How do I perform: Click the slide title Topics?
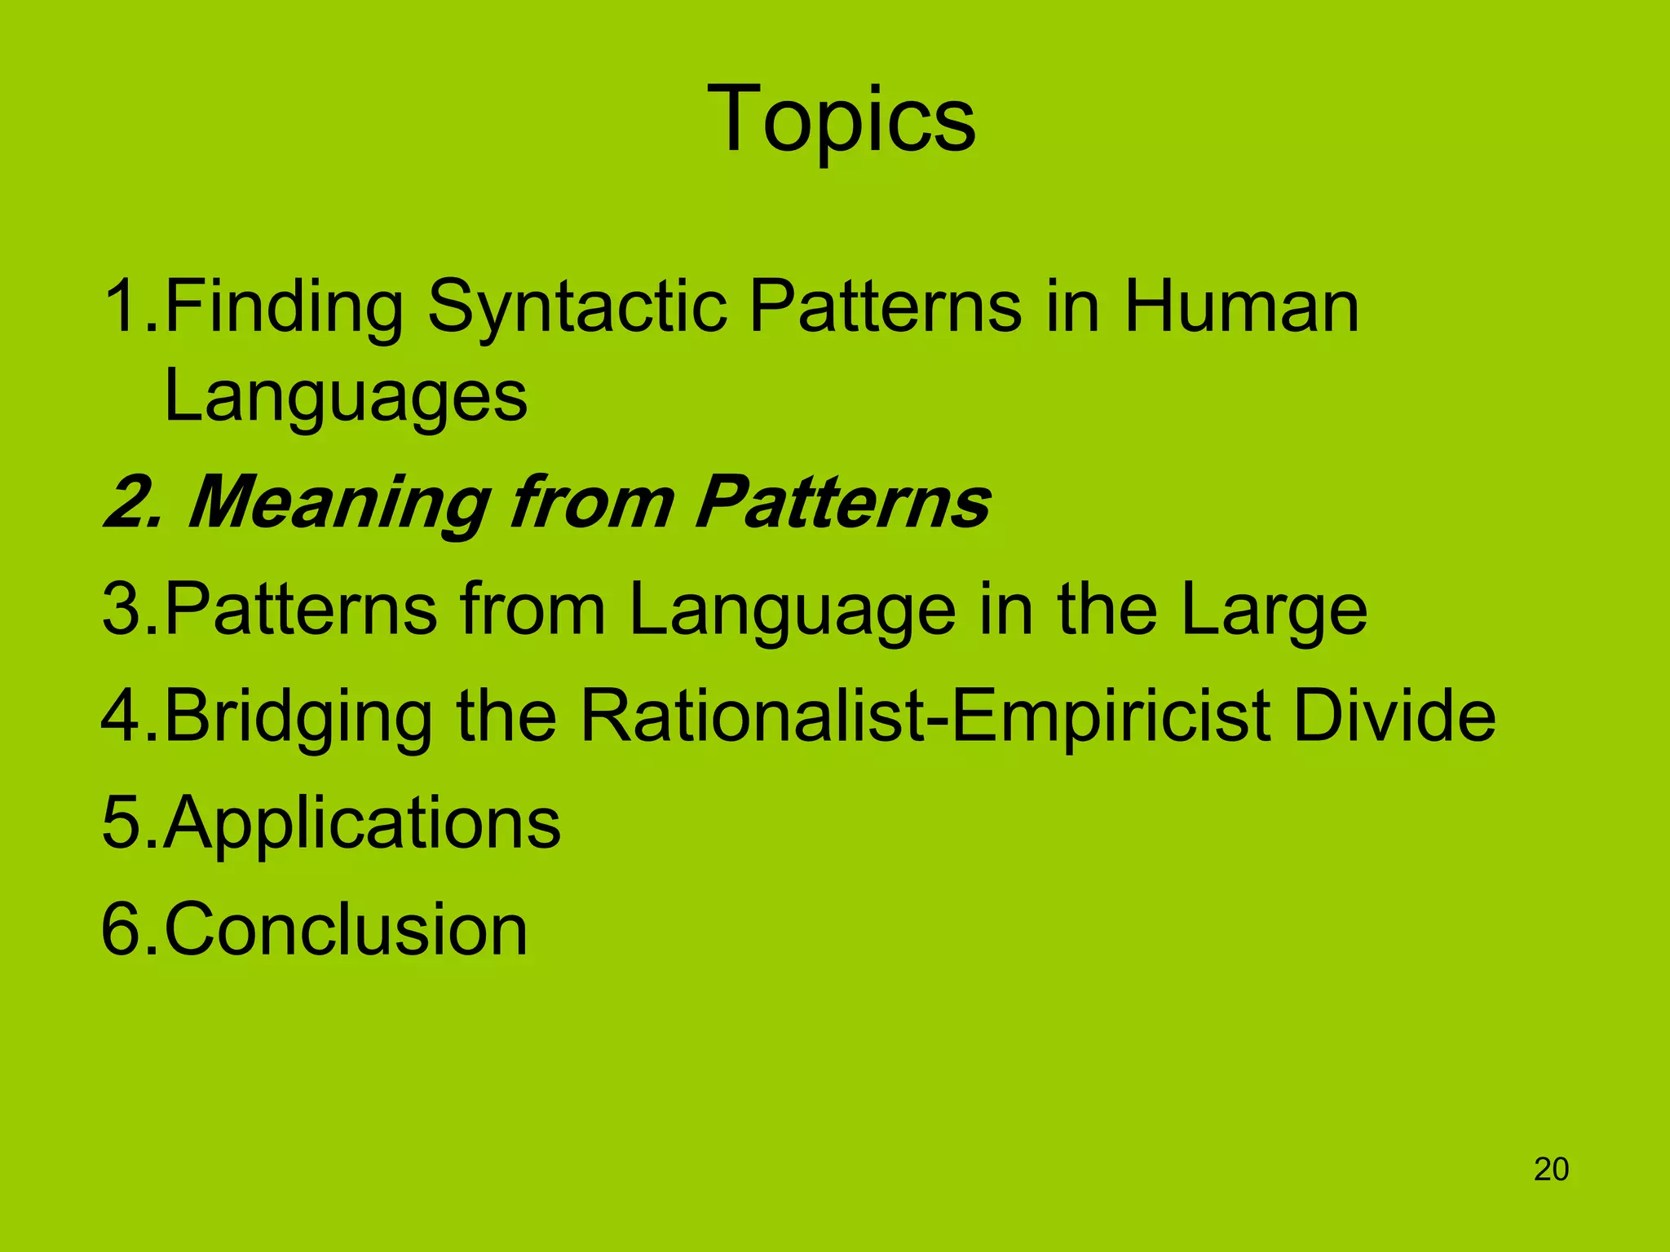(841, 121)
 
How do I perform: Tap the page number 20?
(1551, 1169)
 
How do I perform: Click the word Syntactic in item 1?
(577, 308)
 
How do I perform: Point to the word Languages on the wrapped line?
(346, 398)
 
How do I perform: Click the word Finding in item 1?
(284, 308)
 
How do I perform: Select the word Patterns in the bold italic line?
(842, 502)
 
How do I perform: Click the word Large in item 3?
(1274, 611)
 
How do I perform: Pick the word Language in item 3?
(792, 611)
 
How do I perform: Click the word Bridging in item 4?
(298, 717)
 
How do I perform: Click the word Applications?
(362, 823)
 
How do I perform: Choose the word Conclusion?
(346, 928)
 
